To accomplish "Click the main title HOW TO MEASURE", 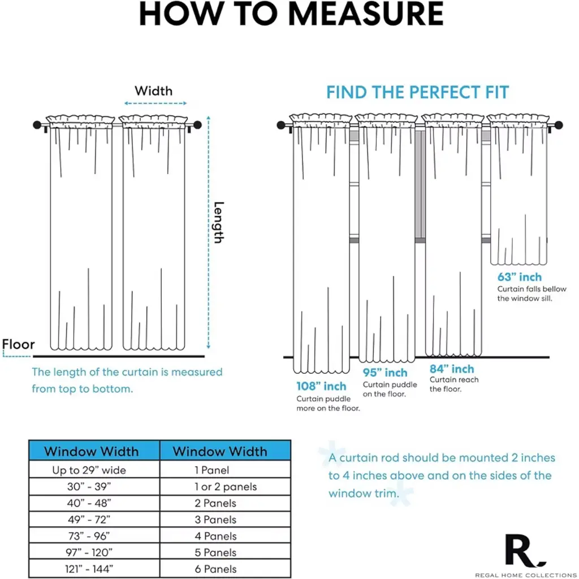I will (x=291, y=14).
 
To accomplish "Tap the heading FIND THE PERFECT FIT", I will (x=417, y=92).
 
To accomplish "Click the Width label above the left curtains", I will (x=154, y=90).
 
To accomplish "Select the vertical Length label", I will (x=218, y=222).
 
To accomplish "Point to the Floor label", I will (x=19, y=344).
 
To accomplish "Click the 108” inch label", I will (x=321, y=387).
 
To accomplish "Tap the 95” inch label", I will (x=384, y=373).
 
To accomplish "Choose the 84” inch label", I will (x=452, y=369).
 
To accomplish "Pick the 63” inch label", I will (x=519, y=277).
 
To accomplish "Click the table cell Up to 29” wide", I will (x=89, y=470).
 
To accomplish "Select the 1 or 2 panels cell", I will (x=225, y=486).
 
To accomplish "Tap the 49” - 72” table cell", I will (x=89, y=519).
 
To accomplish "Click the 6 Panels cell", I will (x=215, y=569).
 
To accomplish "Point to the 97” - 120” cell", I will (x=89, y=552).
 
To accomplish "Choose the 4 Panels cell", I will (x=215, y=535).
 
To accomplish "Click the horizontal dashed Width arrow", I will (x=155, y=103).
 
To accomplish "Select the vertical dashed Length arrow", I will (x=209, y=232).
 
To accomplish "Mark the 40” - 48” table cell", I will (x=89, y=503).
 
